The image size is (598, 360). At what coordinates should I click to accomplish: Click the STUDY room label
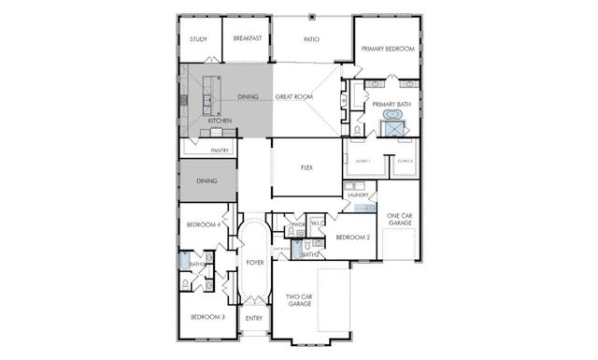point(198,39)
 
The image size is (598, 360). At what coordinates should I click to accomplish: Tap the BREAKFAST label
point(247,39)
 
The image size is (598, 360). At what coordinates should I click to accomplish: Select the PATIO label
point(312,39)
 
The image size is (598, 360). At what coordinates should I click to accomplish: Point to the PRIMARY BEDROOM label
point(387,49)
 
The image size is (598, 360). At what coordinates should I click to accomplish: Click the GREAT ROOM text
point(293,96)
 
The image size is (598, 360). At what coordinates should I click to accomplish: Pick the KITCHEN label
point(220,121)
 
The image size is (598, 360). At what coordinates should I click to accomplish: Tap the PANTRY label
point(221,150)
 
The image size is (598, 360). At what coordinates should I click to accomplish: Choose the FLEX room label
point(306,167)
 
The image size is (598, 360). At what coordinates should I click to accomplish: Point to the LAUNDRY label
point(358,194)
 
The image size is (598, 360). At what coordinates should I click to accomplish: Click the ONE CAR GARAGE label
point(399,220)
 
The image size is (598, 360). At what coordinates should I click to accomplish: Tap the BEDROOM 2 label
point(354,237)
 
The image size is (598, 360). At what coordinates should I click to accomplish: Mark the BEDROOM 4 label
point(203,224)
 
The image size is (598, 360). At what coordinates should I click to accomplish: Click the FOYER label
point(255,263)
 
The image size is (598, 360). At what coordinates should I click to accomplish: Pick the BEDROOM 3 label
point(207,317)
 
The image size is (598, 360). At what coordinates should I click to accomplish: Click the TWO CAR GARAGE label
point(299,300)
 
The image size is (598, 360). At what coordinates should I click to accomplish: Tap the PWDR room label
point(299,225)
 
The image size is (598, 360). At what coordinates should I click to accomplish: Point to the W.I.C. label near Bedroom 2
point(317,223)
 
